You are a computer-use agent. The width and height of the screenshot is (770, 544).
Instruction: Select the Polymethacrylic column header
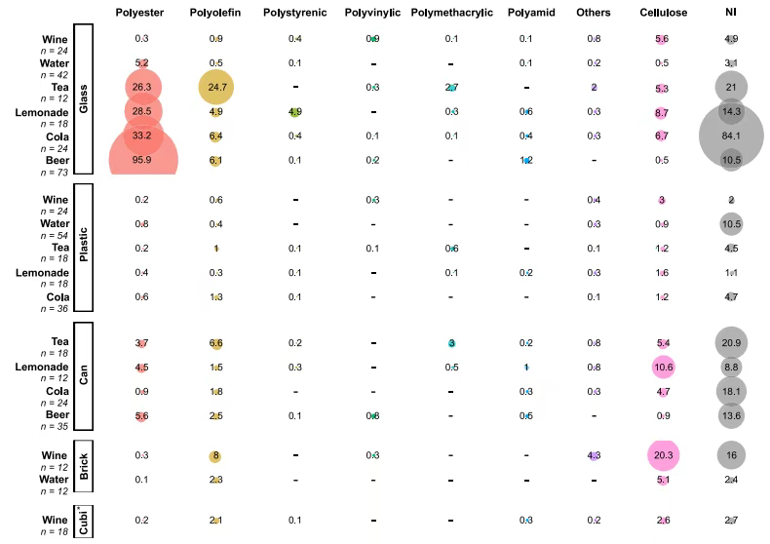tap(451, 13)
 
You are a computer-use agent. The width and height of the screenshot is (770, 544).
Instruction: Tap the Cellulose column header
tap(662, 13)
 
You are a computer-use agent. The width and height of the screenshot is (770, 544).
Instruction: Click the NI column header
tap(730, 13)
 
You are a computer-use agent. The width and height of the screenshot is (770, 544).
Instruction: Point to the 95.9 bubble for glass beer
tap(142, 159)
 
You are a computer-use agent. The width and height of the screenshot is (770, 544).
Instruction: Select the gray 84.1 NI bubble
tap(730, 136)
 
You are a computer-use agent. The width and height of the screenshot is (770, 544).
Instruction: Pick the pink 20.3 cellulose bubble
tap(662, 455)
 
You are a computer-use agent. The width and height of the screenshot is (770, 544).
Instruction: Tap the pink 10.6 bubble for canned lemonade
tap(662, 367)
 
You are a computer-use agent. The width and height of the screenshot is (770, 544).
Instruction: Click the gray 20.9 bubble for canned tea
tap(730, 343)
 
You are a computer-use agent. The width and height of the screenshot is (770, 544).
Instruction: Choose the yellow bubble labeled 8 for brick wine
tap(217, 455)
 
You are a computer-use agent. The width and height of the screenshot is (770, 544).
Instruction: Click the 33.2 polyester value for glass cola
tap(142, 136)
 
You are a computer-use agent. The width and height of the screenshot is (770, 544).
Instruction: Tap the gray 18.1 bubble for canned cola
tap(730, 391)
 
